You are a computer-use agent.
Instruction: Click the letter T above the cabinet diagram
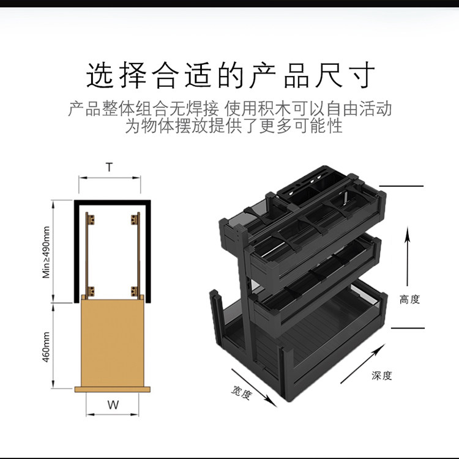109,166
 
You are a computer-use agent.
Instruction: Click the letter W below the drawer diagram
113,405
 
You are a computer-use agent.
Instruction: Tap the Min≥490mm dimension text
47,252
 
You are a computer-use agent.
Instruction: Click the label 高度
409,299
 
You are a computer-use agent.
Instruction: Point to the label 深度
381,375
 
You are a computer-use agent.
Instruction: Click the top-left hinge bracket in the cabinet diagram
91,218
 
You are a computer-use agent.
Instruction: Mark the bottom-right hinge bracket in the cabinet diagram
134,290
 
